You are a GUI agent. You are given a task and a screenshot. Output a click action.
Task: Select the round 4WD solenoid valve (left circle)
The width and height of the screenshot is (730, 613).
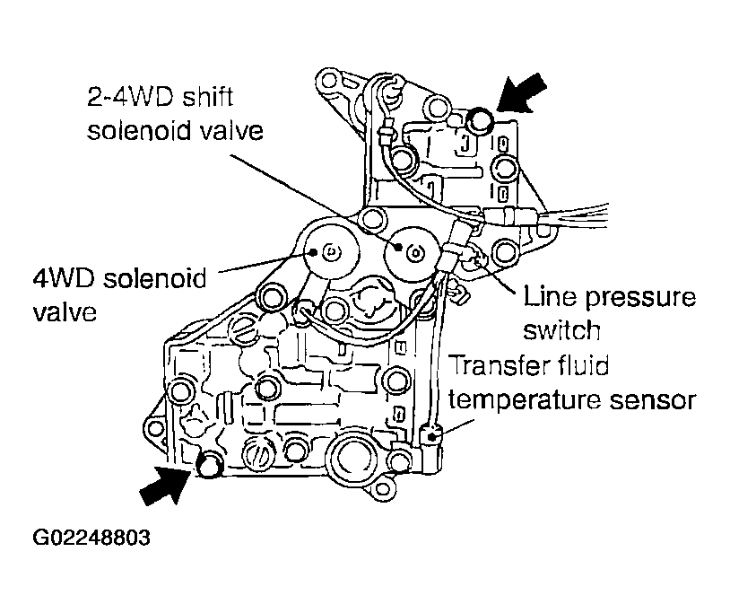pos(327,250)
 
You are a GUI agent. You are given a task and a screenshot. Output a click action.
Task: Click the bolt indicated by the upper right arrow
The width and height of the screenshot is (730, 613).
pos(482,118)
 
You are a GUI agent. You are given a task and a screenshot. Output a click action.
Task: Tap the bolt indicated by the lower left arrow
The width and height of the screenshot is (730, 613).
pos(209,463)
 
